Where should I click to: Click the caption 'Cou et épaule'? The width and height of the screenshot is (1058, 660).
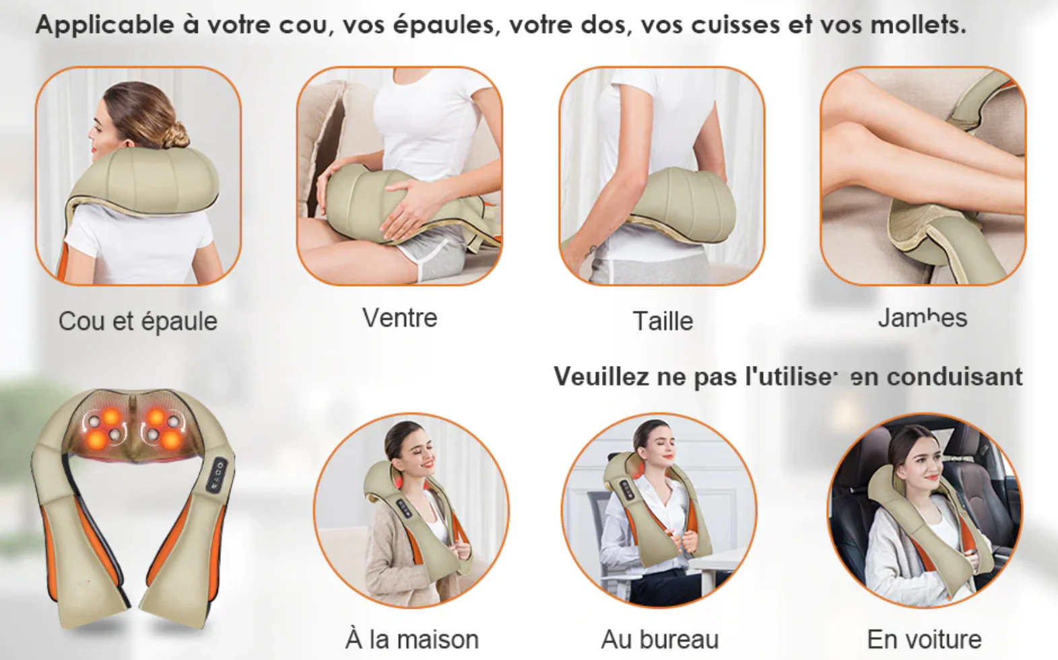tap(137, 322)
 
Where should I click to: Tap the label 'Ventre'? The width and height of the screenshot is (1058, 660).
tap(399, 318)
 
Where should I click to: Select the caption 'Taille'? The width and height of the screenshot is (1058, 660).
tap(663, 321)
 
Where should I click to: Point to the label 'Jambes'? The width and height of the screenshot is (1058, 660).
tap(922, 318)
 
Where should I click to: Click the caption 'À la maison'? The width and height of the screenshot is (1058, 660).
tap(411, 639)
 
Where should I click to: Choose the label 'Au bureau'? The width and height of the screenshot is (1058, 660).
tap(659, 639)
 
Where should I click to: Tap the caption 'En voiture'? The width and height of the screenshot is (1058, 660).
tap(924, 639)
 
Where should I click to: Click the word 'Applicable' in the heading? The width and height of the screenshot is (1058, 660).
tap(104, 25)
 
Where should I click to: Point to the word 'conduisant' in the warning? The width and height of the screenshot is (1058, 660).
tap(954, 377)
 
